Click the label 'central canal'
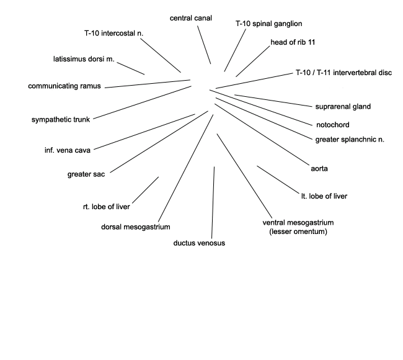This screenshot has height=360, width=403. click(x=191, y=18)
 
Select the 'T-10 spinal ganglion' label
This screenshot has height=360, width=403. click(x=269, y=24)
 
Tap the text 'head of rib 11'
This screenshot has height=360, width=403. click(x=293, y=42)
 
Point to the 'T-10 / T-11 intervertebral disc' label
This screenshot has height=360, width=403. click(x=344, y=73)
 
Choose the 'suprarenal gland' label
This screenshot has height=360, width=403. click(x=343, y=107)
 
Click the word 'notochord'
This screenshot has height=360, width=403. click(x=333, y=125)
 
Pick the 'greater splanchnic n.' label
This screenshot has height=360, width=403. click(x=350, y=140)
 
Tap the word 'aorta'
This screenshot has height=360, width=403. click(x=319, y=169)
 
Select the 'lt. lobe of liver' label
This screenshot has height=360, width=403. click(x=324, y=196)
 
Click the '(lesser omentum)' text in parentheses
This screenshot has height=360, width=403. click(x=298, y=232)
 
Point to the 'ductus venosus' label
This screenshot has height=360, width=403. click(x=199, y=243)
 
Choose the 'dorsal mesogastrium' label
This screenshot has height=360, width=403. click(x=135, y=227)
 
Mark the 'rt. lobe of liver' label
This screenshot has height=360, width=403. click(x=107, y=207)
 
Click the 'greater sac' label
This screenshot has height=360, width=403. click(x=86, y=174)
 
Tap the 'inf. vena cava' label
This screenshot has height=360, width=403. click(x=68, y=150)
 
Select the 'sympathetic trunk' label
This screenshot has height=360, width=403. click(x=61, y=120)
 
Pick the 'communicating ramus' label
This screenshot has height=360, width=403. click(x=64, y=86)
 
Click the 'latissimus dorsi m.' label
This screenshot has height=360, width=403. click(x=84, y=59)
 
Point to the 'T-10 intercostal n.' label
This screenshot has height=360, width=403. click(x=113, y=33)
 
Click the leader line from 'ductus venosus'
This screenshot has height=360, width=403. click(x=213, y=203)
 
